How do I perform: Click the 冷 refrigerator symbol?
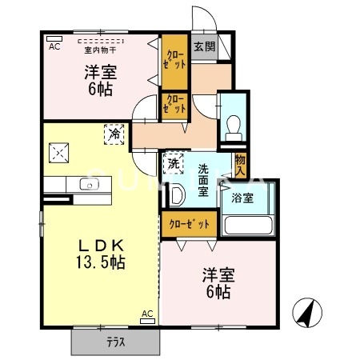point(114,134)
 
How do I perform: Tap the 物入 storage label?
point(239,165)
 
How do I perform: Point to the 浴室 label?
point(242,198)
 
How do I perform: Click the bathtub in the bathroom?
point(249,222)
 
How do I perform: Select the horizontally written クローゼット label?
point(189,224)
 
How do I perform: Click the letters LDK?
point(94,245)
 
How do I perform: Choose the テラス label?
point(117,342)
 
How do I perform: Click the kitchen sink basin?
point(87,185)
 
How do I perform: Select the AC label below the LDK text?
point(147,314)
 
